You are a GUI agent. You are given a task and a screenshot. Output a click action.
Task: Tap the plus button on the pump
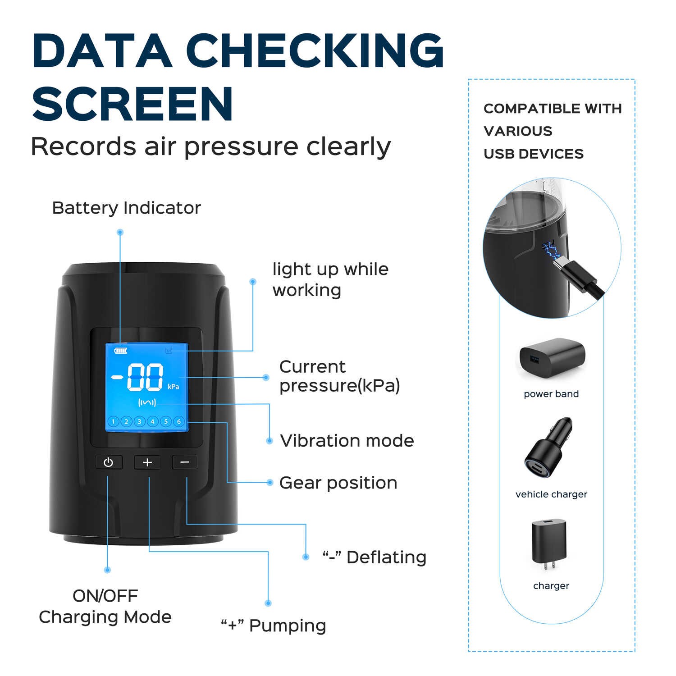click(x=147, y=462)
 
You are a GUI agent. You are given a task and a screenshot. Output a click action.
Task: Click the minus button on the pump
click(x=185, y=462)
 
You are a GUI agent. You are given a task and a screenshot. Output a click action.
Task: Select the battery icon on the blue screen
click(x=121, y=350)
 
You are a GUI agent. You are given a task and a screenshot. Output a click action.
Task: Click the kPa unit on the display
click(x=174, y=387)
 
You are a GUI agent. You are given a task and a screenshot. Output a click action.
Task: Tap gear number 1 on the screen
click(x=113, y=422)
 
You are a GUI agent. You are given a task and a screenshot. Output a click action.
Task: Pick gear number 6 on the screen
click(x=179, y=422)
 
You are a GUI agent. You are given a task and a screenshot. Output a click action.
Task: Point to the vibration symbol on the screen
click(x=147, y=402)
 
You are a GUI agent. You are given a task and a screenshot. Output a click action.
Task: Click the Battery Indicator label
click(x=126, y=208)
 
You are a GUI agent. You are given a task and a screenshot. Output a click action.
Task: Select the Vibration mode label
click(x=347, y=441)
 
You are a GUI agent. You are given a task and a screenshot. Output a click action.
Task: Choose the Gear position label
click(x=338, y=483)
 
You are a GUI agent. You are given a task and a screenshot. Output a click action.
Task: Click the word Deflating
click(x=386, y=557)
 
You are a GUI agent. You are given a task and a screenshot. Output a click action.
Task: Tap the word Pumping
click(x=288, y=626)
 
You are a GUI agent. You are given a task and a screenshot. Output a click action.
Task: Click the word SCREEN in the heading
click(x=132, y=103)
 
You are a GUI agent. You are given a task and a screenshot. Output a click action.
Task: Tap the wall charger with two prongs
click(x=548, y=544)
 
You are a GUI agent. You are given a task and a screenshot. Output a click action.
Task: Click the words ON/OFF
click(x=105, y=596)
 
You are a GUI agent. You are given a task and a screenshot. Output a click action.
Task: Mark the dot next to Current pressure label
click(x=266, y=377)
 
